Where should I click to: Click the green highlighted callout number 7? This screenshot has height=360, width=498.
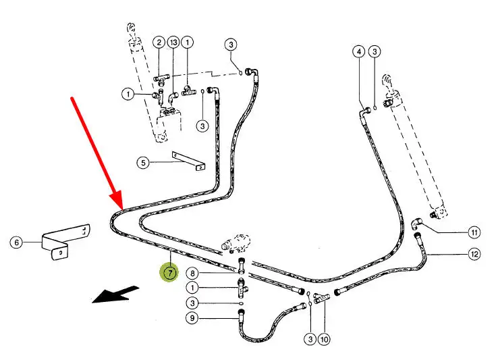coord(169,273)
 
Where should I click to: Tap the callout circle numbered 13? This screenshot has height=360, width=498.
coord(173,42)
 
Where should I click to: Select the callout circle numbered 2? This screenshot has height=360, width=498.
coord(159,42)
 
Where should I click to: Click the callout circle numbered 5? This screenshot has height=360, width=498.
coord(142,162)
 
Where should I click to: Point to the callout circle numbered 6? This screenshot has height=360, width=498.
coord(16,241)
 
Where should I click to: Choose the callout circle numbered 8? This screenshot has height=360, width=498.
coord(193,273)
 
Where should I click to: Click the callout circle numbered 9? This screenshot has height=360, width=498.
coord(193,317)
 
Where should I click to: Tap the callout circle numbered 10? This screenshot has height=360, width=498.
coord(324,339)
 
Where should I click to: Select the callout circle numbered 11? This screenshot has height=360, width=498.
coord(475,232)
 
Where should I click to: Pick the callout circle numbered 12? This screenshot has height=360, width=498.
coord(475,254)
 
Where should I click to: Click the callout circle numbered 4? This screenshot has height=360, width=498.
coord(359,51)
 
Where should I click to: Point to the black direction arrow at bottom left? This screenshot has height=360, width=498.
coord(115,294)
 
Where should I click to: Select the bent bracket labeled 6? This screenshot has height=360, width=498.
coord(65,240)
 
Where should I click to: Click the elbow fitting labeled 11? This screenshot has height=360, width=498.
coord(416,224)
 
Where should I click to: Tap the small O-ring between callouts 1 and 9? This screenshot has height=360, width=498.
coord(241,304)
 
